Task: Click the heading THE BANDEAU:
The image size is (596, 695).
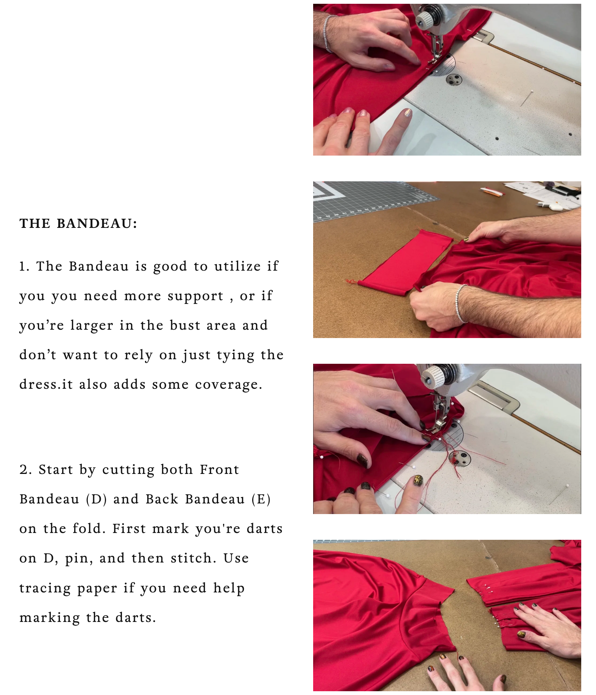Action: (78, 223)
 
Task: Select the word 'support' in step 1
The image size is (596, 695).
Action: (195, 296)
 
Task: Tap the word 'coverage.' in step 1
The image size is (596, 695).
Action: (229, 385)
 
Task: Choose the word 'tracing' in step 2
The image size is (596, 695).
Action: (45, 589)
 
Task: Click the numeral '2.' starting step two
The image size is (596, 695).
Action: (26, 470)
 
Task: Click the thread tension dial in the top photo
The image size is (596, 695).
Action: (426, 19)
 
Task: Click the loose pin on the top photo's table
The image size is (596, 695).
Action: (527, 98)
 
